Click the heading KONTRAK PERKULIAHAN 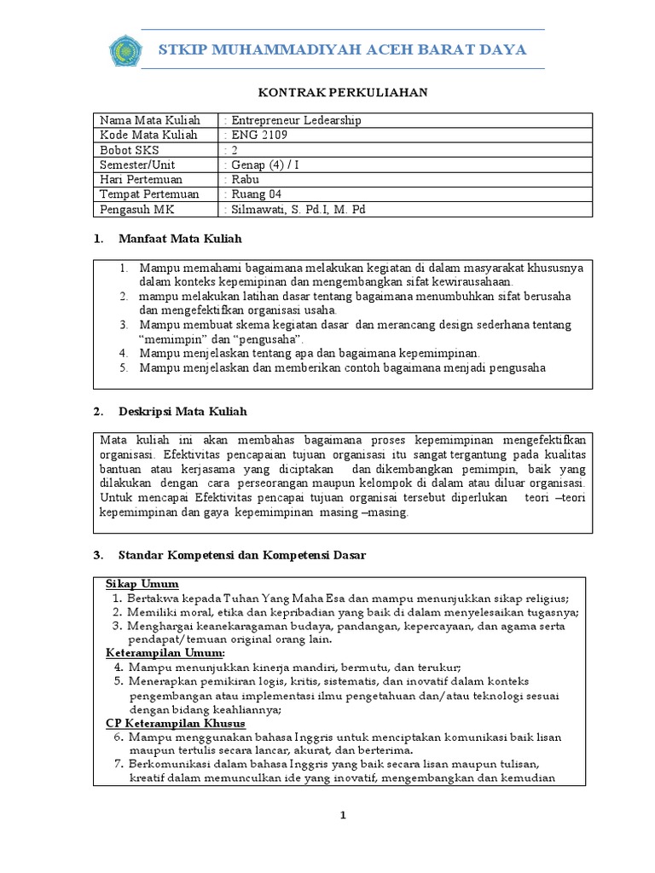(x=331, y=92)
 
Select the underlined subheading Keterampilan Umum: (x=153, y=652)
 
